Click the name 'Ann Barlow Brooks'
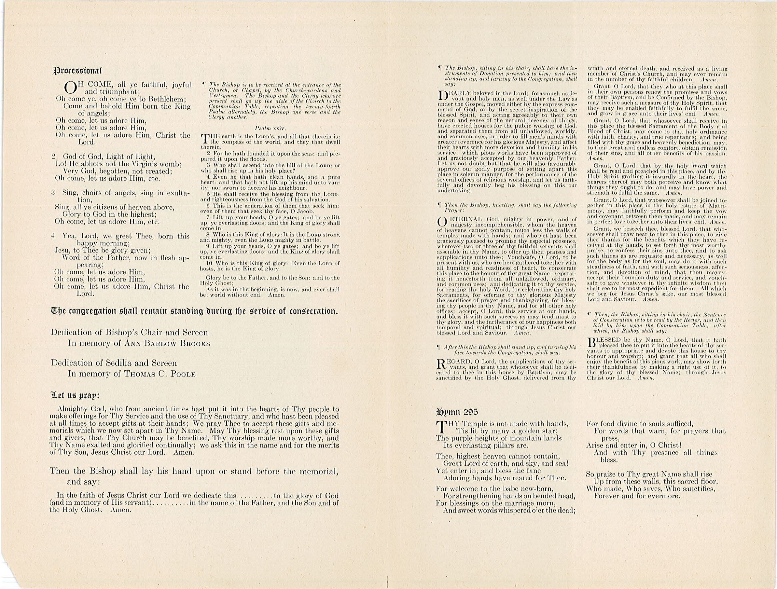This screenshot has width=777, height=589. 167,344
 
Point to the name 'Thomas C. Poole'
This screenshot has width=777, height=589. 160,374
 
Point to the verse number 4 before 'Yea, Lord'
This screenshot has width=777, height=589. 53,236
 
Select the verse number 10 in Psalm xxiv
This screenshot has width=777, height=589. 209,263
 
